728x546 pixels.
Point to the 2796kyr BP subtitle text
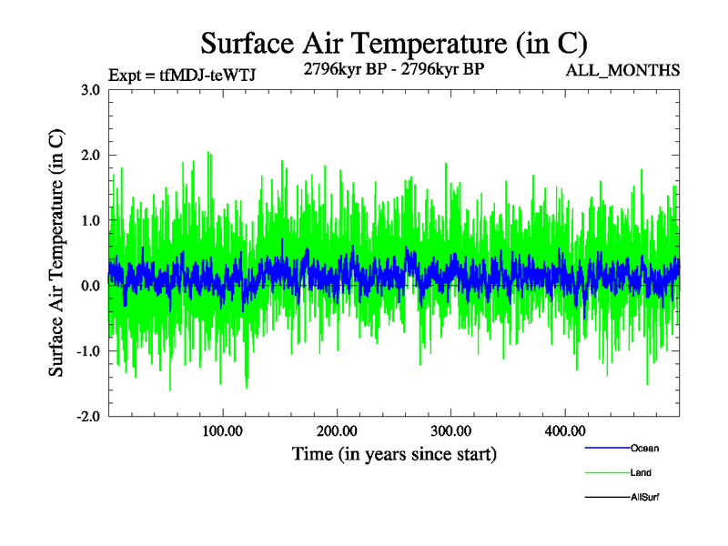[x=393, y=68]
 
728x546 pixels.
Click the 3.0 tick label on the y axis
[x=90, y=90]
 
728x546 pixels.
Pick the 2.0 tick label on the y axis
[x=90, y=156]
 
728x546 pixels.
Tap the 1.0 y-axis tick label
[x=90, y=221]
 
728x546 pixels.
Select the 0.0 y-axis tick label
[x=90, y=287]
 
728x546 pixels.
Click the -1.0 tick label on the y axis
[x=88, y=352]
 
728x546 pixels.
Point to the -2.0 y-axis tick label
[x=88, y=418]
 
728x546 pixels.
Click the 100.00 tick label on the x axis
[x=222, y=430]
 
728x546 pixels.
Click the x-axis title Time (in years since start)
[x=394, y=453]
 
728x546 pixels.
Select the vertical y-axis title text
[x=56, y=253]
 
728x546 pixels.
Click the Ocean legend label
[x=644, y=449]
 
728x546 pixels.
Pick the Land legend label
[x=641, y=473]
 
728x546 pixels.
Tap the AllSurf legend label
[x=644, y=498]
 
